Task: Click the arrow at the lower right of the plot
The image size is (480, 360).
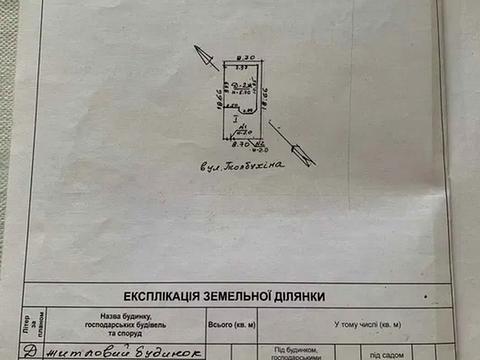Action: coord(292,144)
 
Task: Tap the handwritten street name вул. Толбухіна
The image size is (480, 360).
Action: coord(241,167)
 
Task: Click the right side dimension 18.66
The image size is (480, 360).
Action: coord(265,100)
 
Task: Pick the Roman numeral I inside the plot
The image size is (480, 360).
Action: coord(234,121)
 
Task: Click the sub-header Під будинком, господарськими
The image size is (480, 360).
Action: coord(297,352)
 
